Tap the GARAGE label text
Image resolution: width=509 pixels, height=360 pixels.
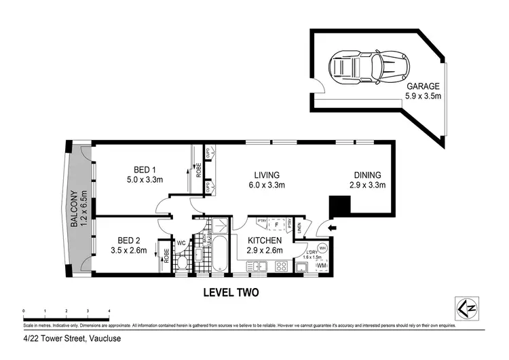[x=423, y=86]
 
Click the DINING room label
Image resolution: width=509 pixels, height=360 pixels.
[x=366, y=175]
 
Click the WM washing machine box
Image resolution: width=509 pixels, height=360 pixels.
[x=322, y=265]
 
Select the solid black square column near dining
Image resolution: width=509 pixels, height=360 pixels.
[x=339, y=205]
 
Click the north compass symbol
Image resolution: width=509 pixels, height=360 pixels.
[x=465, y=309]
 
